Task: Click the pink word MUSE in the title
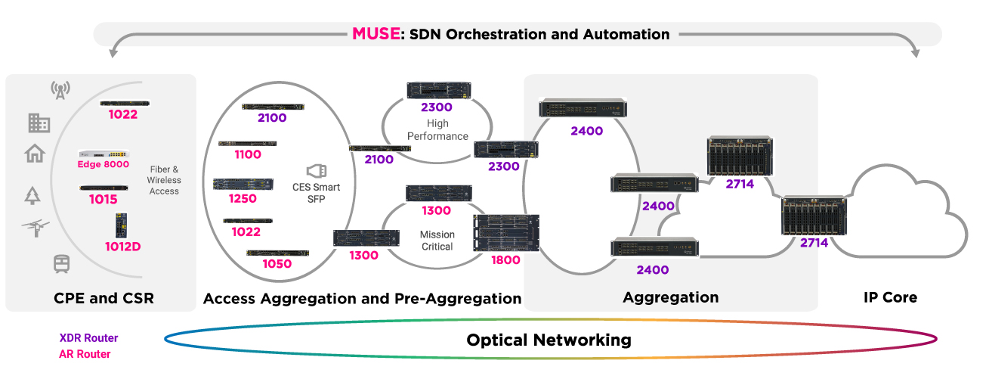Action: point(376,34)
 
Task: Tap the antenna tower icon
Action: point(60,90)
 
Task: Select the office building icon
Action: point(39,123)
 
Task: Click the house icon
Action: point(35,154)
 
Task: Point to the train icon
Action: point(61,264)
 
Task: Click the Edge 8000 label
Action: point(104,164)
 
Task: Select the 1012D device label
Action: point(122,247)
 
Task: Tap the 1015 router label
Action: point(104,200)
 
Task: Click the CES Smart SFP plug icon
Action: point(317,171)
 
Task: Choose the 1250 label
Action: point(243,198)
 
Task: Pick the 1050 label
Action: point(277,264)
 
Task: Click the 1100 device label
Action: point(248,154)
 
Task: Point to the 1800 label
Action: point(506,260)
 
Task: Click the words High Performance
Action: point(437,129)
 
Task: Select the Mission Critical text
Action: point(437,241)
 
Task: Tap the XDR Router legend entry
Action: point(88,338)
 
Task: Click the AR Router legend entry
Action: point(85,354)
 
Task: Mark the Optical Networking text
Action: point(549,340)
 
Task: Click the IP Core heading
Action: point(890,297)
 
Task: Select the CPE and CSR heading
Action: point(104,298)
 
